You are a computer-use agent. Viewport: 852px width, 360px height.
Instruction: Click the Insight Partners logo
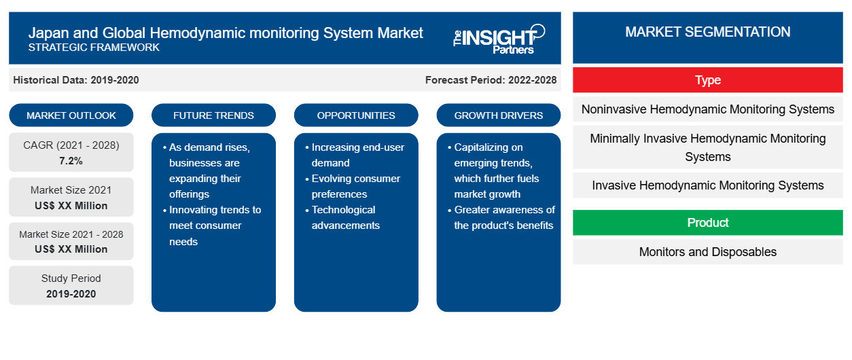pyautogui.click(x=499, y=39)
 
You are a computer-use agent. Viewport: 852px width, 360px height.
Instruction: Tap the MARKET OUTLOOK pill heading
pyautogui.click(x=71, y=115)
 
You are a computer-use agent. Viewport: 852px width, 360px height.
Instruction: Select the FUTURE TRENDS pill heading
pyautogui.click(x=213, y=115)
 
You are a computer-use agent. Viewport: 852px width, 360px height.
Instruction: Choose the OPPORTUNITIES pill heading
pyautogui.click(x=356, y=115)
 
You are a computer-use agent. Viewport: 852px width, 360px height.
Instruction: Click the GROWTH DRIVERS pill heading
pyautogui.click(x=498, y=115)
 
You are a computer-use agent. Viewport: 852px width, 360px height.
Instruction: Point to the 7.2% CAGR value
pyautogui.click(x=71, y=161)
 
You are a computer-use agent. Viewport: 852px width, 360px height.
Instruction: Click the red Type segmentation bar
pyautogui.click(x=708, y=80)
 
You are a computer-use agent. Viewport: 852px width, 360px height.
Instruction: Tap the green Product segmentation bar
pyautogui.click(x=708, y=222)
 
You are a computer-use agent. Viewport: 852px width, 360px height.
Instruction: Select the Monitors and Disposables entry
pyautogui.click(x=708, y=251)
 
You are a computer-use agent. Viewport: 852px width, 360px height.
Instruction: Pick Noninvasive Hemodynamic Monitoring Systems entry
pyautogui.click(x=708, y=109)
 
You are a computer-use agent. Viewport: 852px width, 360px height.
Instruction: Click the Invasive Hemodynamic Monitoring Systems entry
pyautogui.click(x=708, y=185)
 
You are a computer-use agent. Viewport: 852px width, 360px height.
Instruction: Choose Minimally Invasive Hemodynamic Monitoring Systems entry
pyautogui.click(x=708, y=147)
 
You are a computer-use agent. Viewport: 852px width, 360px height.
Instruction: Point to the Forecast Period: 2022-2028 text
pyautogui.click(x=491, y=80)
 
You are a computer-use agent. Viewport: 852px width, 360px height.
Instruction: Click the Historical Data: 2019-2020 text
pyautogui.click(x=76, y=80)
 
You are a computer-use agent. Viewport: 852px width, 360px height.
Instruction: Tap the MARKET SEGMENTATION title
pyautogui.click(x=708, y=32)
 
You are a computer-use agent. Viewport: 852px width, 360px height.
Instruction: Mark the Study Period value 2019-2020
pyautogui.click(x=71, y=294)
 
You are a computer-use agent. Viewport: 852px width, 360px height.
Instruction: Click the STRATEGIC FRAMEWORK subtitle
pyautogui.click(x=94, y=48)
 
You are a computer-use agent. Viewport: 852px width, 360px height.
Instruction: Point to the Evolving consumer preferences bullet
pyautogui.click(x=353, y=186)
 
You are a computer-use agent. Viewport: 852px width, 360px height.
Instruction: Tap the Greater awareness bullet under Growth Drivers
pyautogui.click(x=501, y=217)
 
